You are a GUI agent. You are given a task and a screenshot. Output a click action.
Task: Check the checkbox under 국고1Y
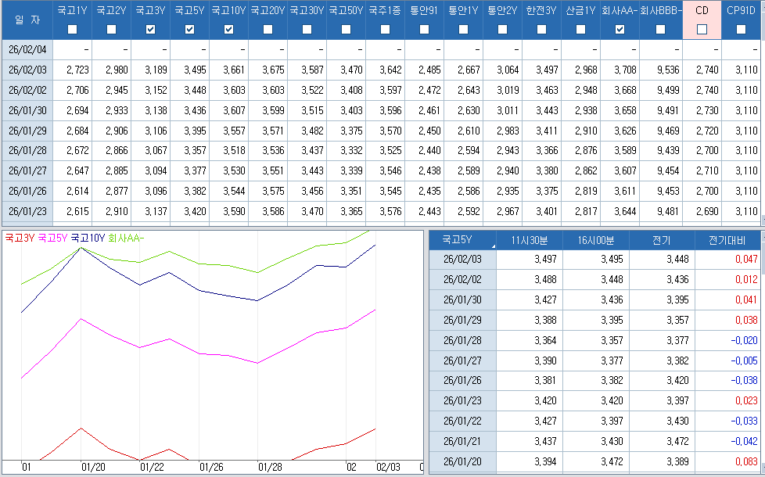click(x=72, y=30)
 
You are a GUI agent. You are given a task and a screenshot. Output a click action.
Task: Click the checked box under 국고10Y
click(x=228, y=30)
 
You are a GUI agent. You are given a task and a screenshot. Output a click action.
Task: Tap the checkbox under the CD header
click(x=702, y=30)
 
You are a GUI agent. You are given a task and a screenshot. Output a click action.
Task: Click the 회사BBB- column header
click(x=661, y=11)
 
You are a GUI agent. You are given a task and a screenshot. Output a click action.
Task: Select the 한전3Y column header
click(x=541, y=11)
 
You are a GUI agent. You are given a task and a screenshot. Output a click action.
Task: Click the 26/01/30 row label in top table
click(x=27, y=110)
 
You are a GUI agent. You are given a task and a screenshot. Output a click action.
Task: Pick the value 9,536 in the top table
click(x=662, y=70)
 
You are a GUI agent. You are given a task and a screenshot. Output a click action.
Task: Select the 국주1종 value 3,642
click(x=385, y=70)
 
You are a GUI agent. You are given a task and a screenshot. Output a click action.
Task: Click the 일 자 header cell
click(x=27, y=20)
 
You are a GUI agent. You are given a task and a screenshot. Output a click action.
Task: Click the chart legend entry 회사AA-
click(x=125, y=238)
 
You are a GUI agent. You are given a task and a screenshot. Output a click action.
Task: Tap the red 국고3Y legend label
click(x=19, y=238)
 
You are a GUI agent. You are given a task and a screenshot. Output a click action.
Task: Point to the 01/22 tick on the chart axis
click(x=152, y=467)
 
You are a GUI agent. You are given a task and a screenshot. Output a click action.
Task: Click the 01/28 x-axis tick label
click(x=270, y=467)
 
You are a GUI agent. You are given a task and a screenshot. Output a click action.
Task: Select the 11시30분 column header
click(x=529, y=240)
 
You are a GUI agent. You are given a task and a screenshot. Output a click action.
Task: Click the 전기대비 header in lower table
click(x=727, y=240)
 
